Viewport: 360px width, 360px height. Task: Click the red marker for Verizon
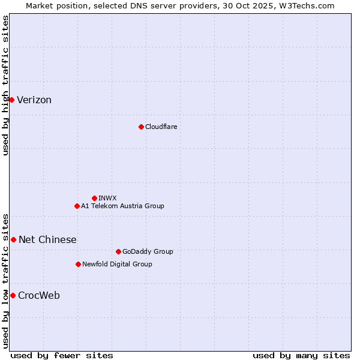pos(11,100)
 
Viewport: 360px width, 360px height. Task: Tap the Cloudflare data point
pos(141,127)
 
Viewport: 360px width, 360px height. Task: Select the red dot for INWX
pos(94,198)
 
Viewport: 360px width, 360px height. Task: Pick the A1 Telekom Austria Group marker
pos(77,206)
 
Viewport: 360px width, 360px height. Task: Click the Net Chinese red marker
pos(13,239)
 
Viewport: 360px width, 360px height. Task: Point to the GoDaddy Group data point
pos(118,251)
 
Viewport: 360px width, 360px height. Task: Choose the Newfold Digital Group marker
pos(78,264)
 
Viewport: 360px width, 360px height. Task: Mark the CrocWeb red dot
pos(13,295)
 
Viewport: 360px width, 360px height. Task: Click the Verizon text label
pos(34,100)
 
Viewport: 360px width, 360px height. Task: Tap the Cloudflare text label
pos(161,127)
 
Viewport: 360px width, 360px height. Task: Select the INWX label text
pos(107,198)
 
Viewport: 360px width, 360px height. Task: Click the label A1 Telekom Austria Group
pos(122,206)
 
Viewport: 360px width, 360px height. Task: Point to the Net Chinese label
pos(47,240)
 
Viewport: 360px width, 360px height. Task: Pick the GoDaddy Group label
pos(148,251)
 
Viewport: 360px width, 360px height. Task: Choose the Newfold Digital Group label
pos(117,264)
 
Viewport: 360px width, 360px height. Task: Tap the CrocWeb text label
pos(39,296)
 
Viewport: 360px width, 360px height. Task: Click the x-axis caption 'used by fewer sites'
pos(62,355)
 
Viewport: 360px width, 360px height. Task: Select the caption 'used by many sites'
pos(301,355)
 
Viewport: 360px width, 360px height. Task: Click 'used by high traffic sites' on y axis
pos(5,85)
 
